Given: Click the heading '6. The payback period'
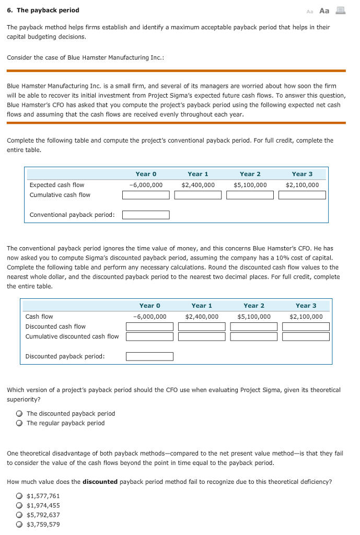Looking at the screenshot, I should [x=43, y=10].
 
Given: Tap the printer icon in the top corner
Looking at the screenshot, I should [x=340, y=10].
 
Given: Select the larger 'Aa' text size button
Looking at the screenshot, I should [x=324, y=10].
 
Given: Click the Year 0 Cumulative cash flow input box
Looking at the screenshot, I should [x=146, y=195].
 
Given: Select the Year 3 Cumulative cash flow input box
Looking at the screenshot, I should [x=302, y=195].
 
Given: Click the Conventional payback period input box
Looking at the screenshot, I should [x=146, y=215].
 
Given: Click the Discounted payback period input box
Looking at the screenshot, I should [x=149, y=357].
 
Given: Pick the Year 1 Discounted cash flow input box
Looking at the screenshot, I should [x=202, y=327].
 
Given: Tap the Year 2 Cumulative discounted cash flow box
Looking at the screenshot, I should [x=254, y=336].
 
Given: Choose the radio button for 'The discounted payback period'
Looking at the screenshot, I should [x=19, y=414].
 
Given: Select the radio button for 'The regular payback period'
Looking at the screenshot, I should [x=19, y=423].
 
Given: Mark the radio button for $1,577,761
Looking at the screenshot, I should [x=19, y=496].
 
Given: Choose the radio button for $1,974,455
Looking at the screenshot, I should [x=19, y=506].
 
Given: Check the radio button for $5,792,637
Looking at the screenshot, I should [x=19, y=515].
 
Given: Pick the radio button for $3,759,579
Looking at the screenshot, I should [x=19, y=525].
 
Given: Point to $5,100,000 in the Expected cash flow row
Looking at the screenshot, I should [x=250, y=185].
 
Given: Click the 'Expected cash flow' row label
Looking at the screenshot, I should [x=56, y=185].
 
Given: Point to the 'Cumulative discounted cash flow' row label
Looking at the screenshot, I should [x=72, y=336].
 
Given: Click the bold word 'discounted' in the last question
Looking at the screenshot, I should [x=100, y=482].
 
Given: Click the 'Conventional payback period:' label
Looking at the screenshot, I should [x=72, y=215].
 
